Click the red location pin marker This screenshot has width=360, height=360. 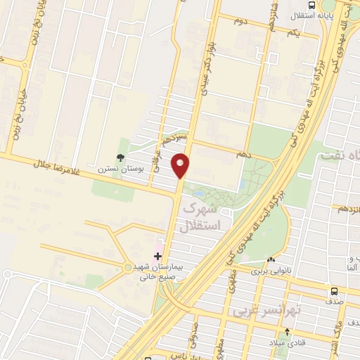(x=181, y=165)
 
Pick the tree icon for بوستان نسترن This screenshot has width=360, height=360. (x=120, y=157)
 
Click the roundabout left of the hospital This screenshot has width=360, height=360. (x=127, y=266)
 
